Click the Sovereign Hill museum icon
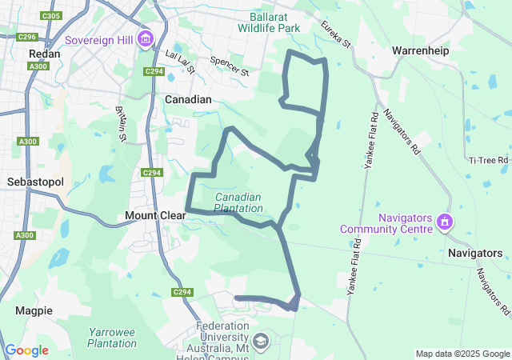(146, 38)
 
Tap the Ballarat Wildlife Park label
(269, 21)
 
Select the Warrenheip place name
(420, 50)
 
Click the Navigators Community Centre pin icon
(445, 222)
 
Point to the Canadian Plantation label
(238, 202)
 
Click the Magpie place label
(34, 310)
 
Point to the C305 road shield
(50, 16)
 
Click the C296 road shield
(27, 37)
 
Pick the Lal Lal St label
(180, 61)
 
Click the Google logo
(26, 350)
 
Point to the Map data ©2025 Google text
(462, 354)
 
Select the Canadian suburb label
(188, 100)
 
